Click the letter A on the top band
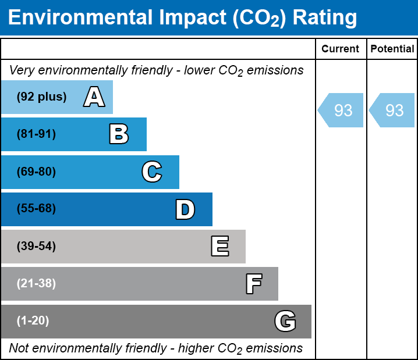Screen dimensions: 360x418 click(x=94, y=97)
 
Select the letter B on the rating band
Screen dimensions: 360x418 click(x=119, y=134)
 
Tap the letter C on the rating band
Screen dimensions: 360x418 click(x=152, y=172)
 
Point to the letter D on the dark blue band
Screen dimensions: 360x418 click(x=185, y=209)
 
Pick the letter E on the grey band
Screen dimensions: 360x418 click(x=219, y=247)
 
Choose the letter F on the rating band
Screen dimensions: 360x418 click(x=253, y=284)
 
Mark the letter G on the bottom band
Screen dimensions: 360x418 click(x=285, y=321)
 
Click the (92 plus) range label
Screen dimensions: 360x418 click(x=41, y=97)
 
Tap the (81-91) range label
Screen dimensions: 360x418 click(x=36, y=134)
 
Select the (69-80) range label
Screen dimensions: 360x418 click(x=36, y=172)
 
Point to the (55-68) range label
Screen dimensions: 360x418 click(x=36, y=209)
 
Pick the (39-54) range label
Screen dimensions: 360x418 click(x=36, y=247)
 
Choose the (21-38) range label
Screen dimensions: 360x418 click(x=36, y=284)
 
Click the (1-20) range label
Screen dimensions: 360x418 click(x=33, y=321)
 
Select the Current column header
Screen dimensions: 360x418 click(x=341, y=49)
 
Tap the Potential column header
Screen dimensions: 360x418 click(x=392, y=49)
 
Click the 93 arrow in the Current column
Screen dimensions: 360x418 click(x=341, y=110)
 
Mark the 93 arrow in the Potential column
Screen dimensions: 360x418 click(x=392, y=110)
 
